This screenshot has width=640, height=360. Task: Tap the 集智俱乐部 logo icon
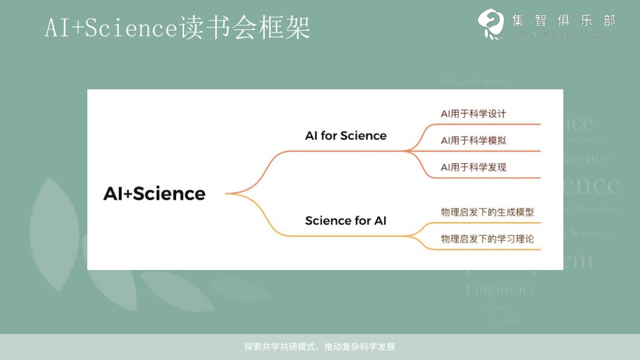[x=491, y=25]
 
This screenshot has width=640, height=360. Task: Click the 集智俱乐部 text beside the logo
[x=564, y=20]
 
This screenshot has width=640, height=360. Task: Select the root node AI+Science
[x=155, y=193]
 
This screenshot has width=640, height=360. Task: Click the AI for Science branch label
[x=345, y=135]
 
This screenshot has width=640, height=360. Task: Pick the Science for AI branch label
[x=345, y=220]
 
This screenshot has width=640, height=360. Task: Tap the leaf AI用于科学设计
[x=473, y=113]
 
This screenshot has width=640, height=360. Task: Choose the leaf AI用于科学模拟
[x=473, y=141]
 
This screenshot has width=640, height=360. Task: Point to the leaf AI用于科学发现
[x=473, y=167]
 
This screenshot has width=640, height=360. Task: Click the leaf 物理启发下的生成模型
[x=487, y=212]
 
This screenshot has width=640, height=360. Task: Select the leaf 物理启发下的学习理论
[x=487, y=239]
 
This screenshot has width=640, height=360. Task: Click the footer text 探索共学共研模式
[x=320, y=347]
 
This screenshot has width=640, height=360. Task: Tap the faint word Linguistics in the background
[x=500, y=289]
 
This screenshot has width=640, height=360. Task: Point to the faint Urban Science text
[x=473, y=81]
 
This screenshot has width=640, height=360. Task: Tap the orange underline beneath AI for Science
[x=347, y=151]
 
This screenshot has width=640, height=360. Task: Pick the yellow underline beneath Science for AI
[x=347, y=235]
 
